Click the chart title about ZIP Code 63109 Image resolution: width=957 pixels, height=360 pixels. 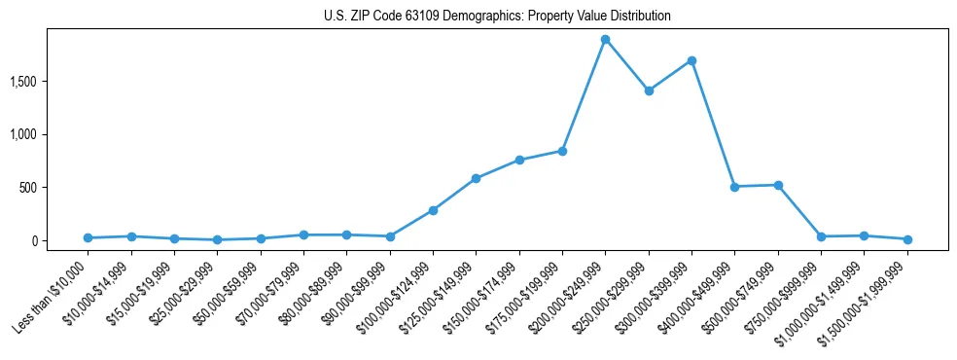pos(497,17)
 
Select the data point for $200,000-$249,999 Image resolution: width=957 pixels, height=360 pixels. pos(605,40)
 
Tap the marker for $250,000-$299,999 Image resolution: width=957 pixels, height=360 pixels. pos(649,90)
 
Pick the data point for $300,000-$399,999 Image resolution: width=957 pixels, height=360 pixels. pos(691,60)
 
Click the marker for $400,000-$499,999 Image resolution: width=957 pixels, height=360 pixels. pos(734,187)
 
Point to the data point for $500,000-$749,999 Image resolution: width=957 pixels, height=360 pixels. pos(778,185)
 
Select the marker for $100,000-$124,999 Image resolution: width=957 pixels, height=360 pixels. pos(433,210)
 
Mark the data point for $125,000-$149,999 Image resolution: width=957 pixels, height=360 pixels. pos(476,178)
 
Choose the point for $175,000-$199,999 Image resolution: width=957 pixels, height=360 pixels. pos(562,151)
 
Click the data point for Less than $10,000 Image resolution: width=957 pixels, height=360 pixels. pos(88,237)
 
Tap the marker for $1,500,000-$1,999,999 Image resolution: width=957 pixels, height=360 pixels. pos(907,239)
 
